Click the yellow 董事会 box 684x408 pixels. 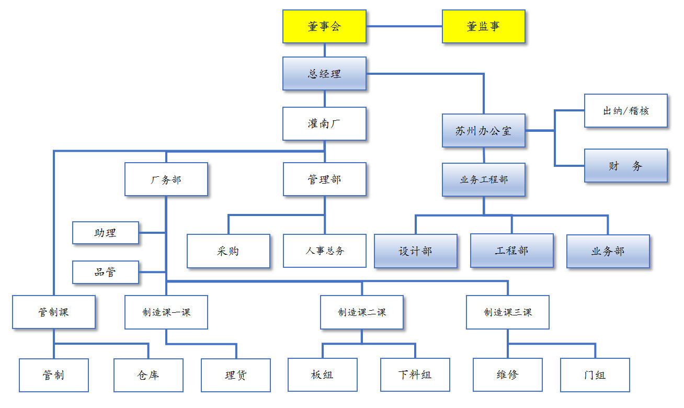[324, 26]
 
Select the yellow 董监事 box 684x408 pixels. [483, 26]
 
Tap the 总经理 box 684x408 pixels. [324, 74]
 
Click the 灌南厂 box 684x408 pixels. [324, 124]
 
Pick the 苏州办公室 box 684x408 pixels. [483, 131]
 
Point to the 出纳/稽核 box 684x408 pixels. [625, 111]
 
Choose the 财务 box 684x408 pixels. [625, 166]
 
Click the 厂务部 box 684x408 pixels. [166, 179]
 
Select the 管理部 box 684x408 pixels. [324, 179]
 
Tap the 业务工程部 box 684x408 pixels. [483, 179]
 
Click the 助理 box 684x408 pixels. [105, 233]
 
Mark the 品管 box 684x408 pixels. [105, 272]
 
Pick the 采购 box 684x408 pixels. [228, 251]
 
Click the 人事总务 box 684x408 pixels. [324, 251]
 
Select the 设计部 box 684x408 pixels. [415, 251]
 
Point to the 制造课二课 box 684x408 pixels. [361, 312]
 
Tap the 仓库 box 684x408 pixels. [148, 375]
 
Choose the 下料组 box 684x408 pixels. [415, 375]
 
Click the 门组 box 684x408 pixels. [595, 375]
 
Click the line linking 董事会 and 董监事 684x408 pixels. [404, 26]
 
